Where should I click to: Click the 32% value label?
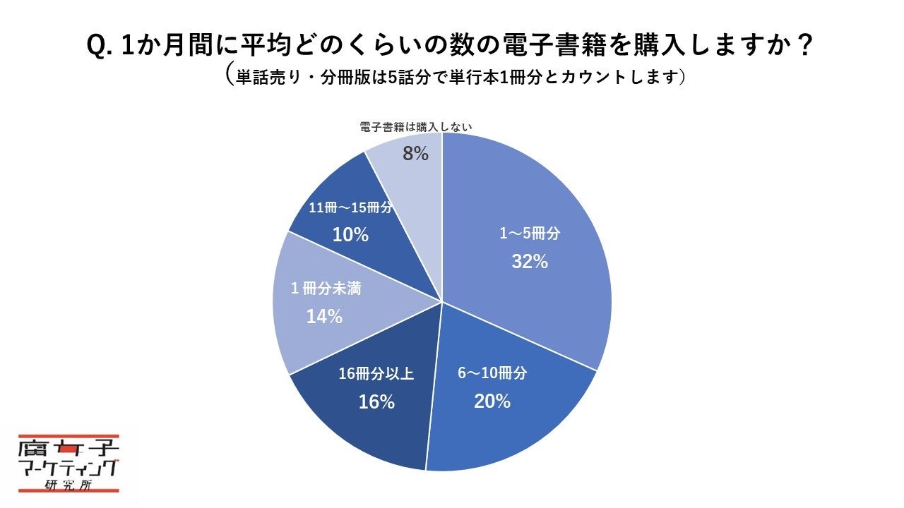coord(530,262)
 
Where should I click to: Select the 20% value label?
coord(492,401)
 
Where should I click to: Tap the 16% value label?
coord(376,402)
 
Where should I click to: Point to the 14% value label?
coord(324,317)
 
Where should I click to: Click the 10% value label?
coord(350,235)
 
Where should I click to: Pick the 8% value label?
coord(415,153)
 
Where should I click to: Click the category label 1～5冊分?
coord(530,234)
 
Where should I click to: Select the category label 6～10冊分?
coord(492,374)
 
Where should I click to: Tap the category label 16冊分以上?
coord(376,374)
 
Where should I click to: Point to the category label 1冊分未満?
coord(326,289)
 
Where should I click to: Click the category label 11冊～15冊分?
coord(350,207)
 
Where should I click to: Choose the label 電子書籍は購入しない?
coord(415,127)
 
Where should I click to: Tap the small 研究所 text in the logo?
coord(69,485)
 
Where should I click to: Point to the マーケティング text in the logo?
coord(69,468)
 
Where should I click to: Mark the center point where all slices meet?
coord(442,302)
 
